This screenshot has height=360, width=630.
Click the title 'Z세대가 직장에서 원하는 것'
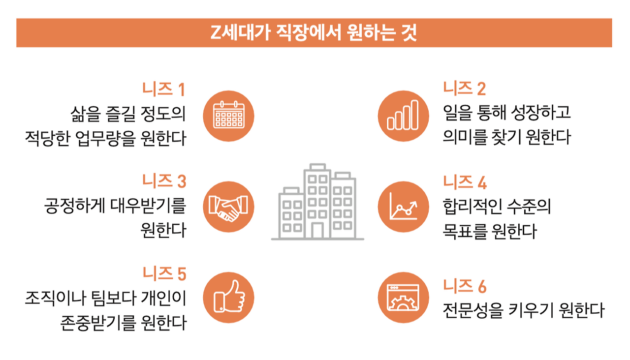(314, 33)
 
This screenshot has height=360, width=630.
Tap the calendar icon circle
(228, 116)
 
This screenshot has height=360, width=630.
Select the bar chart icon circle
(403, 116)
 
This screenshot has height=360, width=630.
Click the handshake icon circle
(228, 207)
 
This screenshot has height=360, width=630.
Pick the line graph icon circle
(403, 207)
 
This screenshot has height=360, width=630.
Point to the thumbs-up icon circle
(228, 298)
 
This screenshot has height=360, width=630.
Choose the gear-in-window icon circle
(403, 298)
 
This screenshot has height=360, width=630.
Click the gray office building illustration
(317, 202)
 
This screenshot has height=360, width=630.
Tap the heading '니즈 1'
(164, 90)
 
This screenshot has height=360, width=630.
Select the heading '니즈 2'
(464, 89)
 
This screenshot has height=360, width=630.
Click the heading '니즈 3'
(164, 181)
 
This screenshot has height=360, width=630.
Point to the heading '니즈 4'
(465, 182)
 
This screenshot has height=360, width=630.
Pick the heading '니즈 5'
(164, 273)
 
